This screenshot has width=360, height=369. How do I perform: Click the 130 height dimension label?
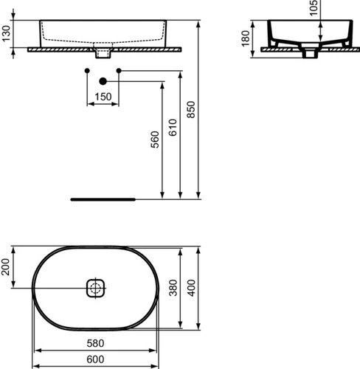point(6,34)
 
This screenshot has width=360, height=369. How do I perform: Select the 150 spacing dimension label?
point(103,97)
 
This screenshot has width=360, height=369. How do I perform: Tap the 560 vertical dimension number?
point(155,139)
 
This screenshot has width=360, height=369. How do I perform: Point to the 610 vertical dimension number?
point(173,128)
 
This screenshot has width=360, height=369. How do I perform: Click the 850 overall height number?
point(191,109)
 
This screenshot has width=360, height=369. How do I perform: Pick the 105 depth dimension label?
point(314,8)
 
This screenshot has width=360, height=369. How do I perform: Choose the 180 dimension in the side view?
point(246,38)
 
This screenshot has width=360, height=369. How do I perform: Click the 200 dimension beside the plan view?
point(5,267)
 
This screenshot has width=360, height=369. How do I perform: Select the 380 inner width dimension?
point(173,288)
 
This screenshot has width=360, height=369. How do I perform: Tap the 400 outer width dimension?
point(191,288)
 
